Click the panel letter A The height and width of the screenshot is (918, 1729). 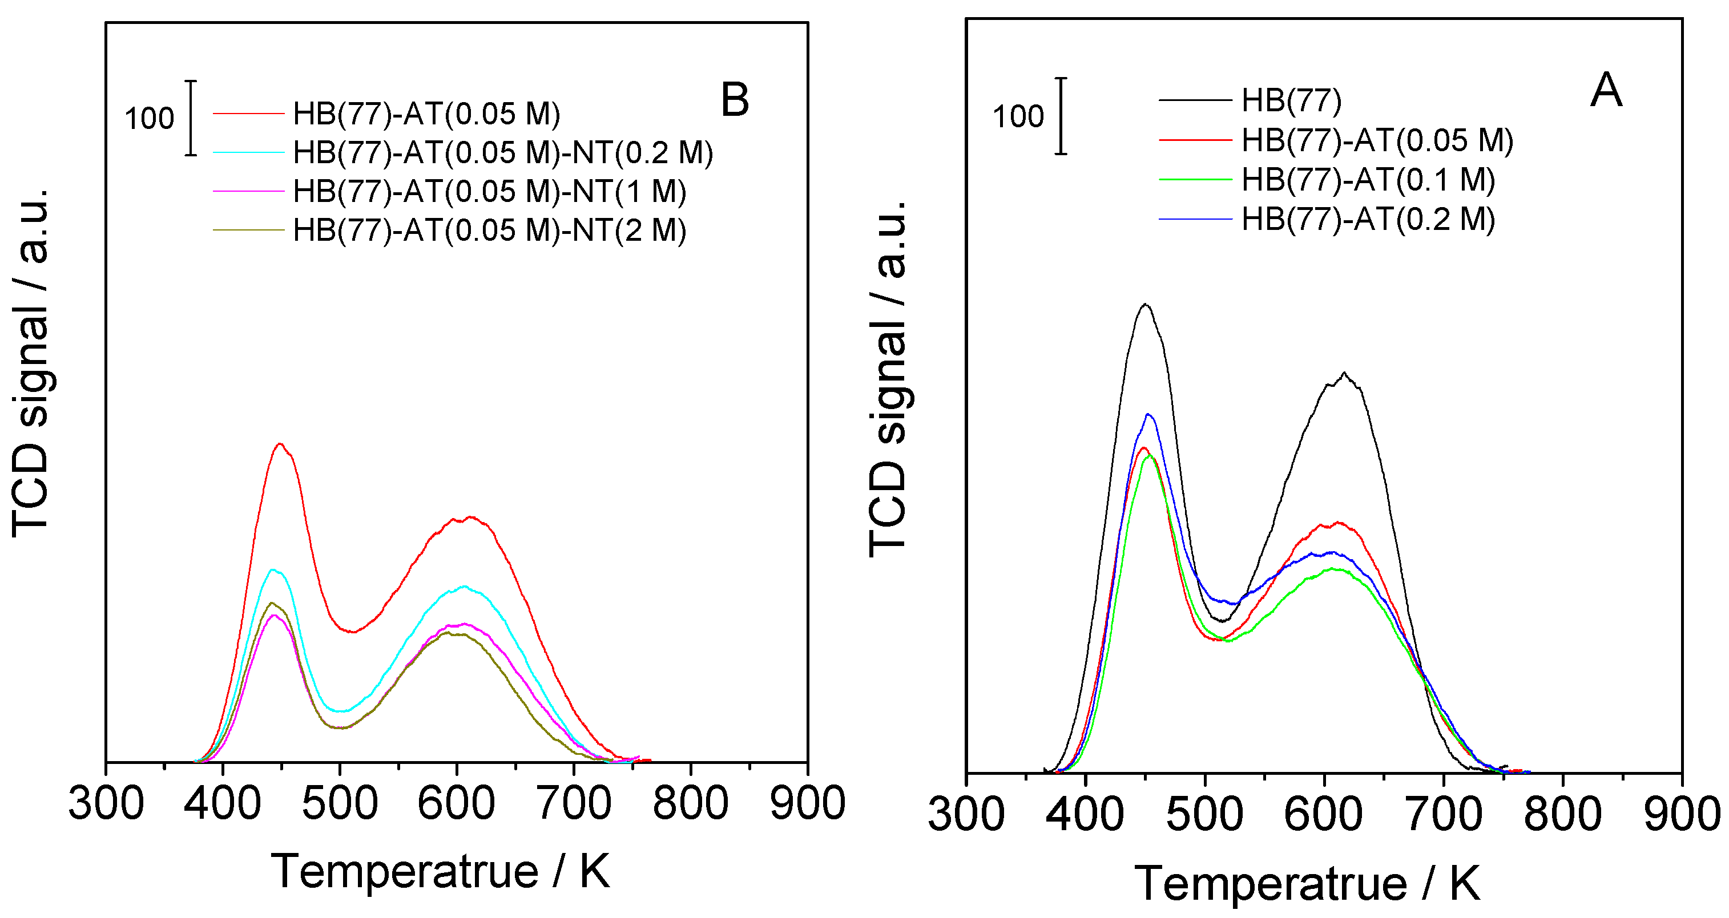(1606, 91)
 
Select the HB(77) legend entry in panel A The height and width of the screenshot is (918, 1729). (1291, 100)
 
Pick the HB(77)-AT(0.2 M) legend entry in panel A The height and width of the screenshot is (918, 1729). (1368, 220)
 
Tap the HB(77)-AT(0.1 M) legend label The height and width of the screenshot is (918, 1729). (1368, 180)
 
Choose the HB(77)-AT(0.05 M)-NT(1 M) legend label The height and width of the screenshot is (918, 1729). (489, 192)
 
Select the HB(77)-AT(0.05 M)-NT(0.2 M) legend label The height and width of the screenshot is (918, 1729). (503, 153)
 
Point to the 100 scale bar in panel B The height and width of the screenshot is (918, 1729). (191, 118)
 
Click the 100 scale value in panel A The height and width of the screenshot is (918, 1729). (1018, 117)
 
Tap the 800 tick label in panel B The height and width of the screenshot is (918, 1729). (690, 803)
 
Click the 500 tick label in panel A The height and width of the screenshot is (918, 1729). (1205, 815)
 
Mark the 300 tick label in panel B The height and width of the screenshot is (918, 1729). (106, 803)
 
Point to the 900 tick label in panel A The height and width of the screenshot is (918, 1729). (1682, 815)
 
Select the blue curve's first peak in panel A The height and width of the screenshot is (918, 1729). (1148, 414)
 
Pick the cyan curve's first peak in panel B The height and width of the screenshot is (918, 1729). (272, 570)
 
